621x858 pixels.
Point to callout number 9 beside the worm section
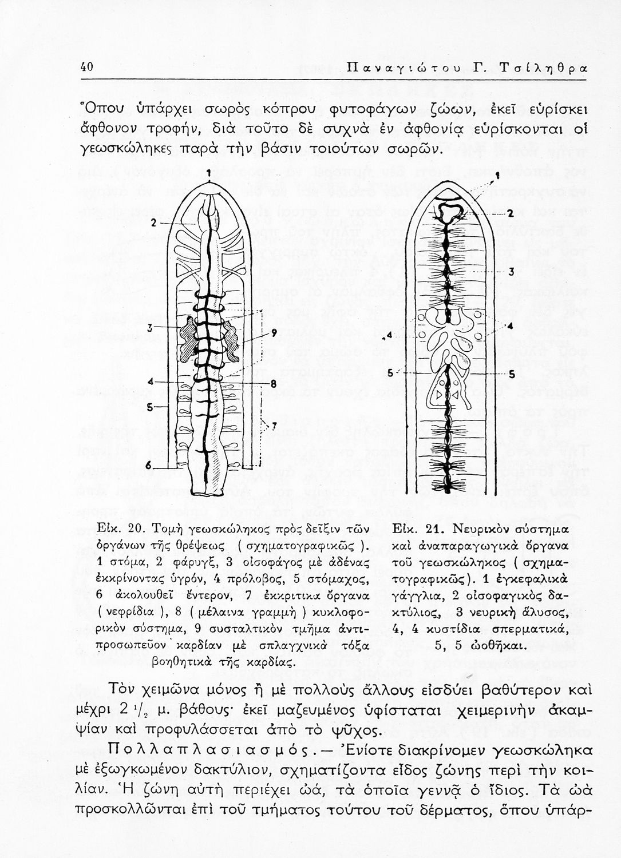274,332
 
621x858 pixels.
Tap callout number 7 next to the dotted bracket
274,425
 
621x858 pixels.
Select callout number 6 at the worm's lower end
148,466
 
